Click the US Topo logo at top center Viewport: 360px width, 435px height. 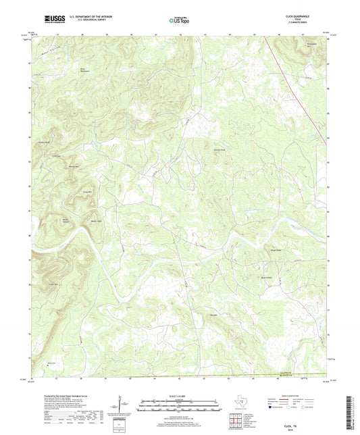177,20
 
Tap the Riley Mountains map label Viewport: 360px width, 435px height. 85,70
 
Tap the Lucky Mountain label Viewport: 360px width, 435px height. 68,193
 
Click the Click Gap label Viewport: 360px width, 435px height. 57,157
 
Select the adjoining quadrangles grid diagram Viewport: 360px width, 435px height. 236,419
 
